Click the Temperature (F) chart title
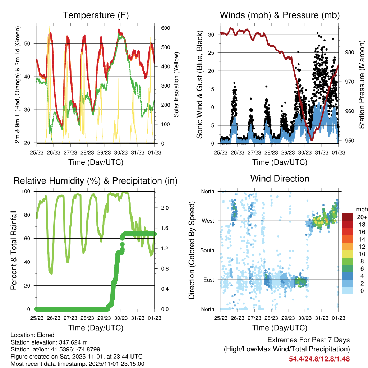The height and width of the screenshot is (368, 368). (96, 15)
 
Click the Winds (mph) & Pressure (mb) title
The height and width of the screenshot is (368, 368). (280, 15)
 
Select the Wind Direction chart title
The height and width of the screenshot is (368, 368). (280, 179)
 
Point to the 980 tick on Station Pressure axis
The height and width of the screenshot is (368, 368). (350, 52)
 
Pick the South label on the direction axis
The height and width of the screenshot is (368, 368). (207, 250)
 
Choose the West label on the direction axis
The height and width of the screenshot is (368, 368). (208, 221)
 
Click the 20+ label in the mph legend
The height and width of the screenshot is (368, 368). (361, 217)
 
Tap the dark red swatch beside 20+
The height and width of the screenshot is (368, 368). (348, 217)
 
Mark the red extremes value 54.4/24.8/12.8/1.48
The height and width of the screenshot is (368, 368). (319, 359)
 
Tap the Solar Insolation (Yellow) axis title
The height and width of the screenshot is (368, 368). (176, 84)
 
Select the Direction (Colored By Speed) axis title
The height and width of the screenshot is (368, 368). (192, 250)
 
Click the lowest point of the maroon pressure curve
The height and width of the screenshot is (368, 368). (312, 139)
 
